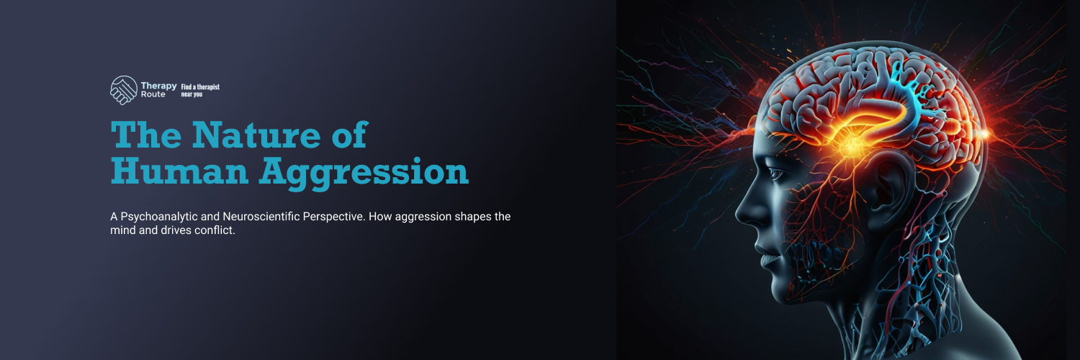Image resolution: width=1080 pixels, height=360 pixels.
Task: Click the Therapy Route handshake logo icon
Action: click(123, 90)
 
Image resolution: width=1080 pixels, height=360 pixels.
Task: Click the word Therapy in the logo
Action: click(159, 86)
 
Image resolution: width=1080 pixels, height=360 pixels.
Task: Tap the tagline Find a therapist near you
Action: click(199, 90)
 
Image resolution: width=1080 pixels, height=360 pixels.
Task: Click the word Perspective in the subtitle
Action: click(336, 217)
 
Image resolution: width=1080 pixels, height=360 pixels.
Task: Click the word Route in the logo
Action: click(153, 94)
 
